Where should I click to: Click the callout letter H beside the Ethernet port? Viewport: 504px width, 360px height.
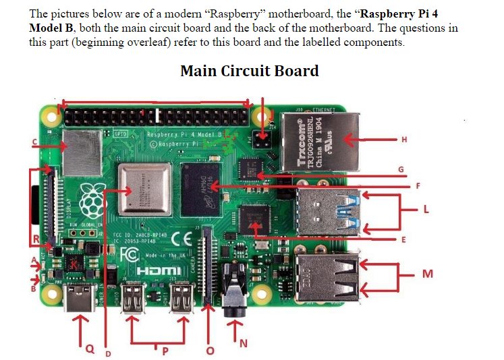pos(403,140)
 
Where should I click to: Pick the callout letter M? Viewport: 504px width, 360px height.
pos(426,274)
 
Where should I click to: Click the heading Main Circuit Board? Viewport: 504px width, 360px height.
pos(250,71)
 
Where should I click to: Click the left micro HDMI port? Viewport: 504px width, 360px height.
pos(132,297)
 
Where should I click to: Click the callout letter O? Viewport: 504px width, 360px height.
pos(209,351)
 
